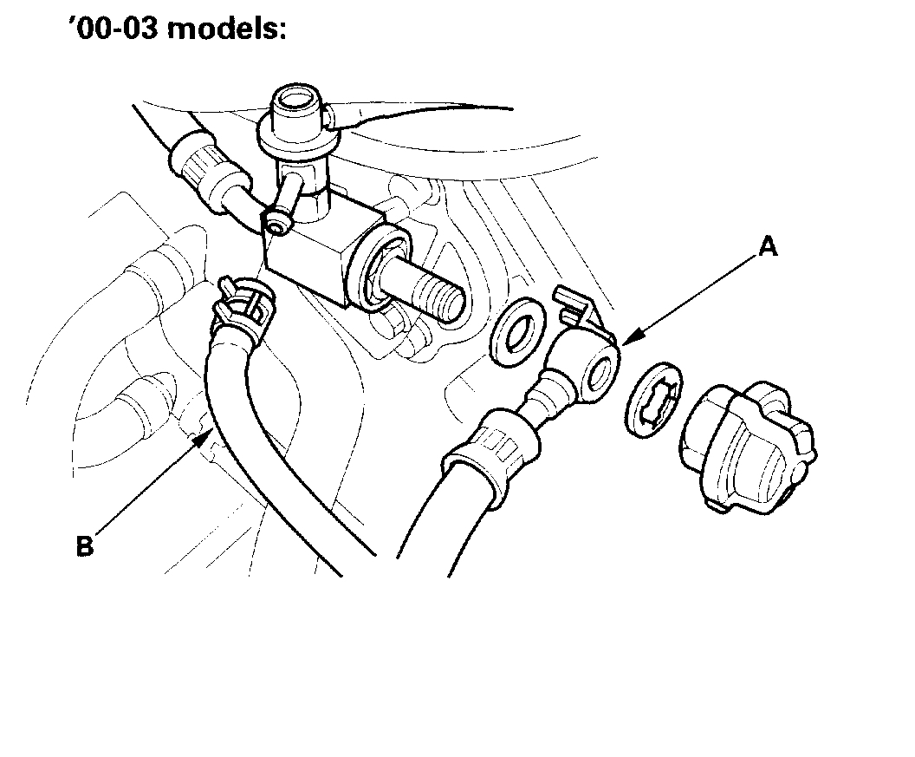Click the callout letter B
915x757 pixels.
coord(84,547)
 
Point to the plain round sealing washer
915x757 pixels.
coord(518,330)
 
